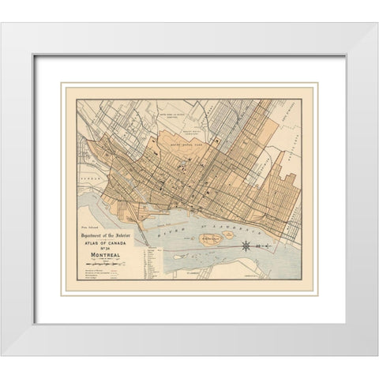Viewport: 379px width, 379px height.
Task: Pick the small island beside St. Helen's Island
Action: [228, 235]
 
